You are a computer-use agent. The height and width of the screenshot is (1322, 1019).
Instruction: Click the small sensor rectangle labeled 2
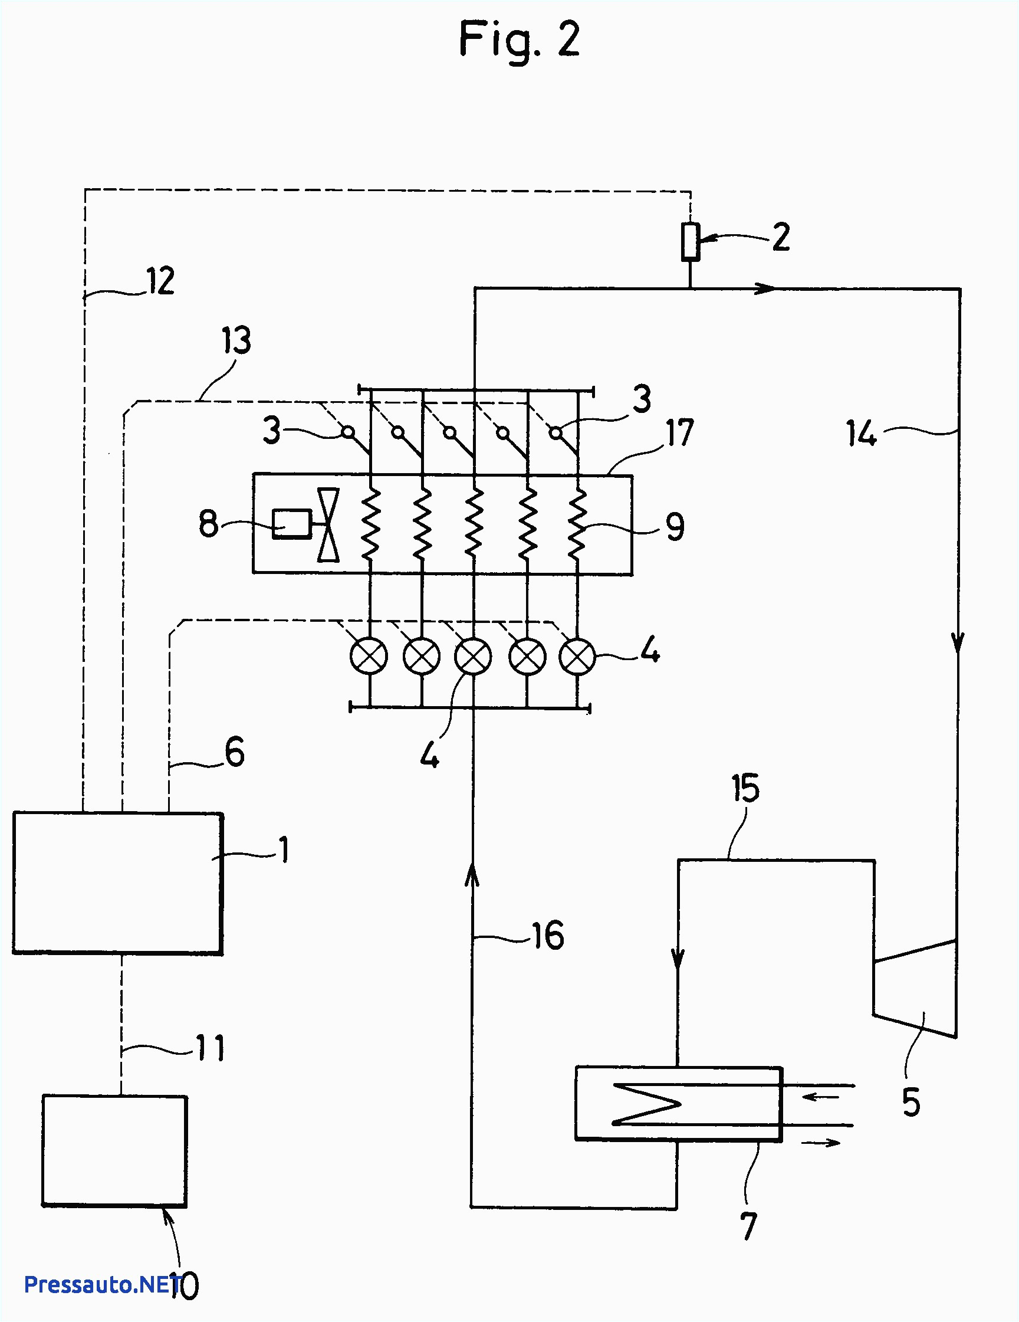691,242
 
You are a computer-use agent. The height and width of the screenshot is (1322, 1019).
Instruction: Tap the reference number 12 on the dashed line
161,281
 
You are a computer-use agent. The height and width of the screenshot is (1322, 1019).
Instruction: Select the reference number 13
236,340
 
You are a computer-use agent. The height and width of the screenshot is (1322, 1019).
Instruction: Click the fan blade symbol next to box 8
328,525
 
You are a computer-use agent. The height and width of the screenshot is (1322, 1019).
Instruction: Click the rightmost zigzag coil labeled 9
577,524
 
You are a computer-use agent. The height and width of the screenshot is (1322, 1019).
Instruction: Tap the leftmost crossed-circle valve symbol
369,656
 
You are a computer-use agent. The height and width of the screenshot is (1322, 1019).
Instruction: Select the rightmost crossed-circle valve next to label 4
577,656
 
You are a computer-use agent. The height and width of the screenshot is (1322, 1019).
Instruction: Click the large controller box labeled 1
118,883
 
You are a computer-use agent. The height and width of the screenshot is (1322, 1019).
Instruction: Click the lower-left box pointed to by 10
114,1151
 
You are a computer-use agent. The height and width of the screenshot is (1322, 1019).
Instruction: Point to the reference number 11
211,1048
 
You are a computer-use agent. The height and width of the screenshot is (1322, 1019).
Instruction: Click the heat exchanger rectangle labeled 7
678,1104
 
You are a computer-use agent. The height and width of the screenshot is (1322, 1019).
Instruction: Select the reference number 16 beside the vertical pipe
548,935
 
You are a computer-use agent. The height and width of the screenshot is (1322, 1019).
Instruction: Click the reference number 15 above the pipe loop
745,789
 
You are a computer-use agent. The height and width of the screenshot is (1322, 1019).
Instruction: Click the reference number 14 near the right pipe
860,434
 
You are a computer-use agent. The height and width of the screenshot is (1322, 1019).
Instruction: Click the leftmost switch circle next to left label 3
347,432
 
